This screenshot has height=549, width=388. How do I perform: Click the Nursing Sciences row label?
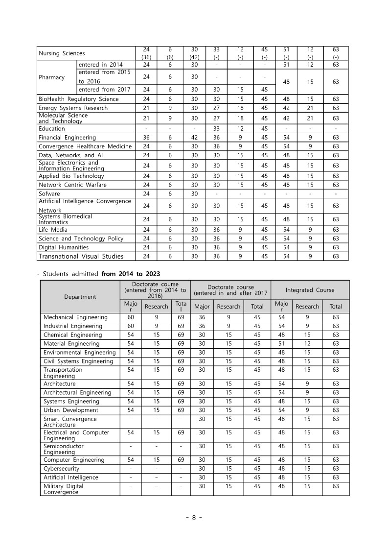tap(62, 53)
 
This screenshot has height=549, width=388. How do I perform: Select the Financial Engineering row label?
tap(68, 138)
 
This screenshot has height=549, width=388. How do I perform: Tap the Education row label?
tap(52, 129)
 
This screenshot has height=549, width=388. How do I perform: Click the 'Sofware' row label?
tap(49, 193)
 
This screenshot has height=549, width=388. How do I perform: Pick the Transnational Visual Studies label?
tap(81, 256)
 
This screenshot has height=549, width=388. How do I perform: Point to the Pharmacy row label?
tap(52, 77)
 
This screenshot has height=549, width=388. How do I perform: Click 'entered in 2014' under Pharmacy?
tap(101, 65)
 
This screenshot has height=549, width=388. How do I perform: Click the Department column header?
tap(80, 296)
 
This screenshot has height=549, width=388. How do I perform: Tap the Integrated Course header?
tap(310, 290)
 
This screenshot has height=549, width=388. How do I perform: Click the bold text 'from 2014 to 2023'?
tap(131, 274)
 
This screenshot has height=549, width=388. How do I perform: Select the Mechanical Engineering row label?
tap(75, 317)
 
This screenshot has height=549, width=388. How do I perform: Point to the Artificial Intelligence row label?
tap(71, 477)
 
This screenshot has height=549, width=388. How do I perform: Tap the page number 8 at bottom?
tap(194, 518)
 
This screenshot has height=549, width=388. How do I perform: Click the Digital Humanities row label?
tap(64, 247)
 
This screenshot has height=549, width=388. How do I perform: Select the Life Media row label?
tap(53, 230)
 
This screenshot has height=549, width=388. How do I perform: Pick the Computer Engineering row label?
tap(74, 460)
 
